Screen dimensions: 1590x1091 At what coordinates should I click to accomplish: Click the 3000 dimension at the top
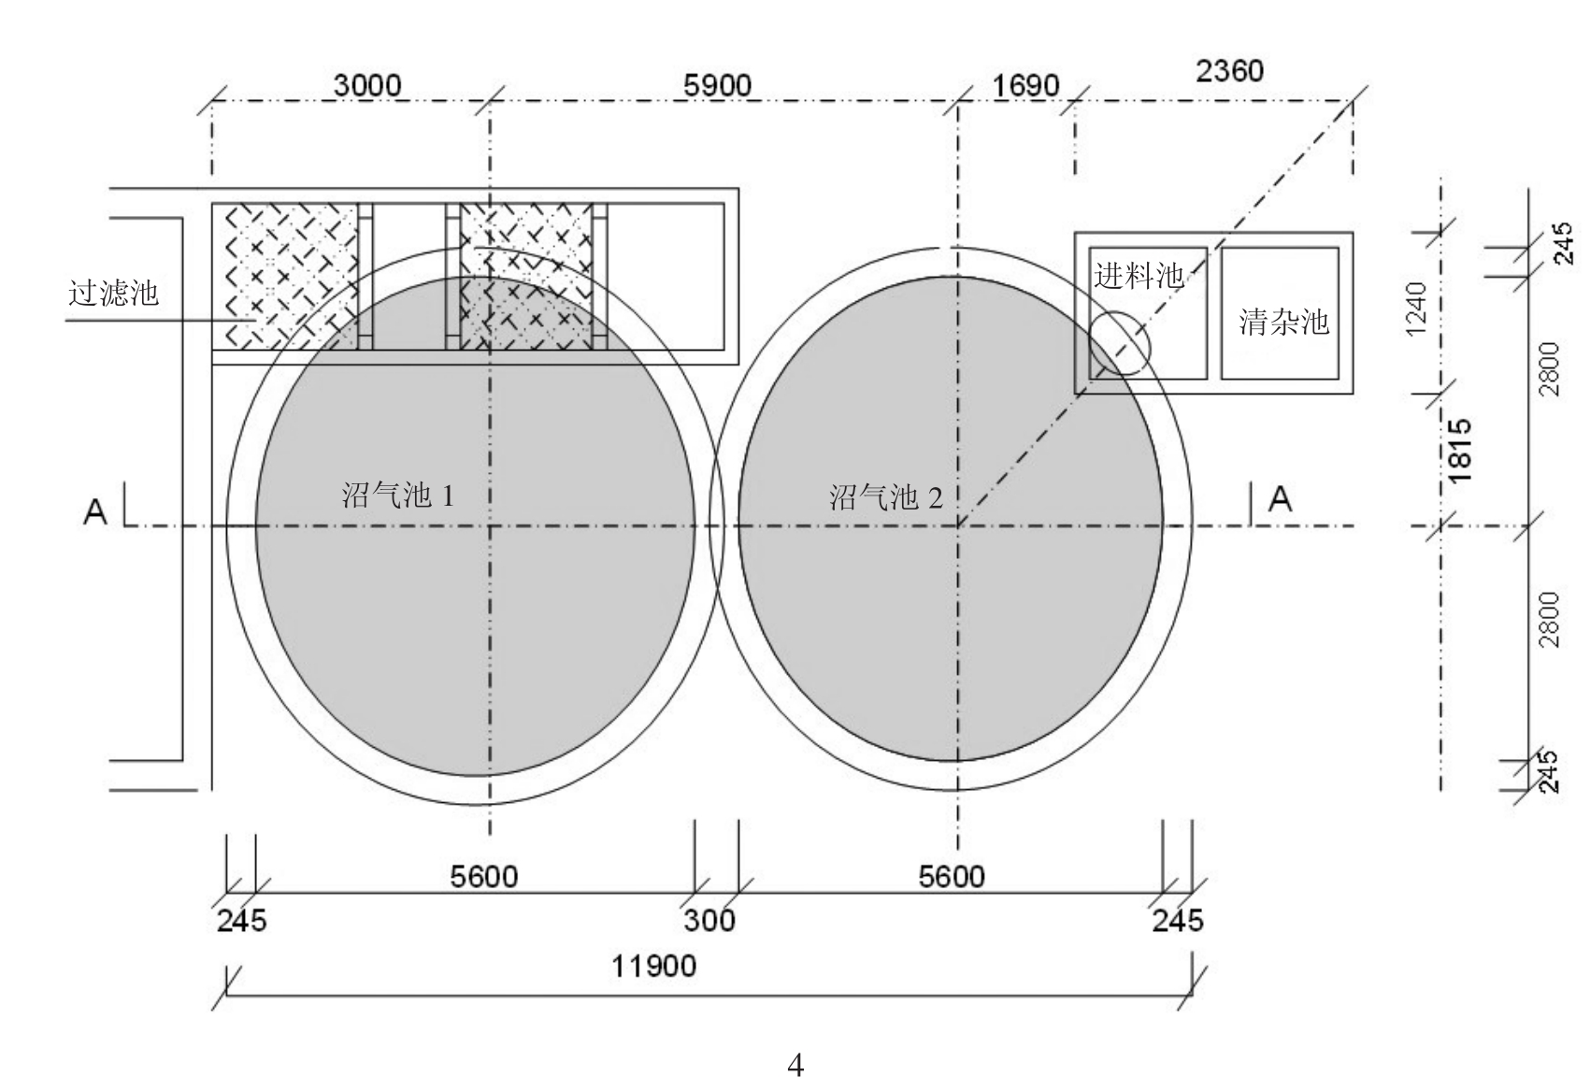click(367, 85)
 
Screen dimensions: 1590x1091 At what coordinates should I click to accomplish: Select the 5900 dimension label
click(717, 85)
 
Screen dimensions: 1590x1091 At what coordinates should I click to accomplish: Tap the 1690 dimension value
click(1025, 86)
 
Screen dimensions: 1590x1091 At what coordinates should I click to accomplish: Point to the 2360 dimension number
click(1229, 71)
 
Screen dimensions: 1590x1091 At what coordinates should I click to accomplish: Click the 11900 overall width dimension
click(653, 966)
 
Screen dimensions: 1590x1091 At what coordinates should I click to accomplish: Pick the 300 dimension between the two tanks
click(709, 921)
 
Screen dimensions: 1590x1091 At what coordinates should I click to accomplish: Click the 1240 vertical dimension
click(1415, 309)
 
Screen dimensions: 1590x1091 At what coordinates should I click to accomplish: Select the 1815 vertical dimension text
click(1459, 451)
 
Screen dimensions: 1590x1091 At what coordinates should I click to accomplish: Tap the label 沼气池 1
click(397, 495)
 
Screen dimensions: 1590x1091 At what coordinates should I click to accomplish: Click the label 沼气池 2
click(886, 497)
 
